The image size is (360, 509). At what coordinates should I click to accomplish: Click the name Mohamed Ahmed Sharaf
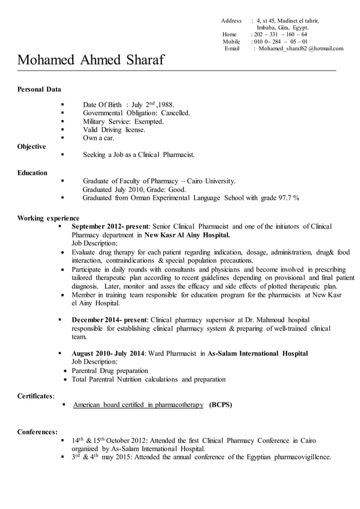[x=90, y=59]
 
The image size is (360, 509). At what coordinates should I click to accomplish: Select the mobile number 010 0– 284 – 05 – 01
[x=280, y=41]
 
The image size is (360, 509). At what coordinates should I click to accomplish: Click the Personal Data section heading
[x=39, y=89]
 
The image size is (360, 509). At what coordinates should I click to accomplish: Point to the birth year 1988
[x=166, y=105]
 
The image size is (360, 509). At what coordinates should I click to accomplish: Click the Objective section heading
[x=32, y=147]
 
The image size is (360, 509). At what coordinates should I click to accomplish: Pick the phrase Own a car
[x=98, y=138]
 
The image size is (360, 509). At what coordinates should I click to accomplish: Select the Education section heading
[x=32, y=173]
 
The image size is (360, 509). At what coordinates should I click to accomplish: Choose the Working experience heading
[x=48, y=218]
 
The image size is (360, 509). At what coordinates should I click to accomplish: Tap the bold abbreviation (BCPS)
[x=220, y=405]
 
